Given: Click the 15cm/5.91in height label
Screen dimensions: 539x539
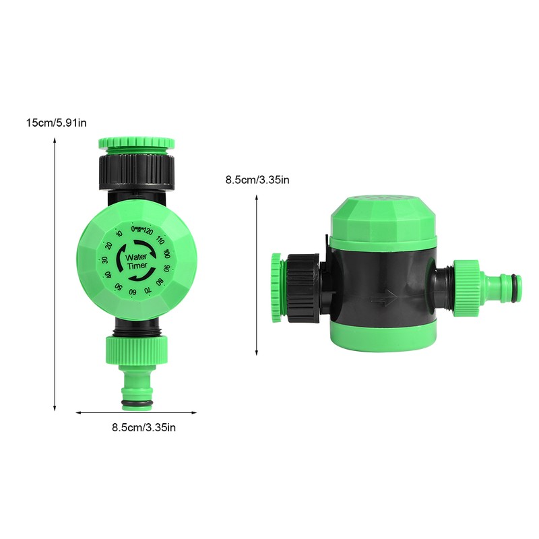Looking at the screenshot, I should click(56, 123).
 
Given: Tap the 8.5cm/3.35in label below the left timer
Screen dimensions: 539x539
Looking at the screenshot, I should click(144, 426).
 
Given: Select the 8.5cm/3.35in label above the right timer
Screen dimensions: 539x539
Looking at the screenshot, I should click(257, 180).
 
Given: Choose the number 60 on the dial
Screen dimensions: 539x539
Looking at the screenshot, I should click(133, 292).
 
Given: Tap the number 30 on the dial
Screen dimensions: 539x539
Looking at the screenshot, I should click(104, 261).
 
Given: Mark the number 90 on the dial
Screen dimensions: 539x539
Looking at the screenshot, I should click(165, 267).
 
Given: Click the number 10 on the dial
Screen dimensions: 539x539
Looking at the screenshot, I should click(119, 234).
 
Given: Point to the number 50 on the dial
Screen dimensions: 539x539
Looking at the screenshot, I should click(118, 288).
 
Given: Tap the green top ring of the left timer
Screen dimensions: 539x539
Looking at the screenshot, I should click(137, 144).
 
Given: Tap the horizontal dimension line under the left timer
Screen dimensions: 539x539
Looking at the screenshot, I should click(135, 413).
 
